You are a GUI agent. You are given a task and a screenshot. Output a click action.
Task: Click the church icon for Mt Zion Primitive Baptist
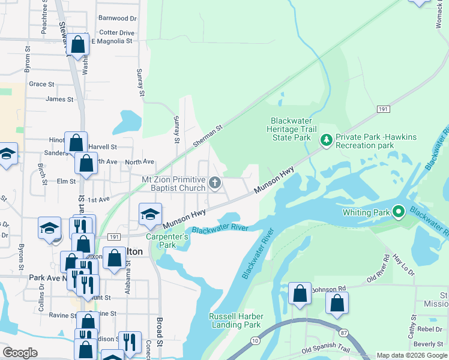click(x=215, y=182)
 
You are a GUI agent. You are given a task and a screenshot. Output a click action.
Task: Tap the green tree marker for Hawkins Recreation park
click(x=327, y=140)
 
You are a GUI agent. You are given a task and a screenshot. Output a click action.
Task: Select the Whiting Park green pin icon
click(x=398, y=211)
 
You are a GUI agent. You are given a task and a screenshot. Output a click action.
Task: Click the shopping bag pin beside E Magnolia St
click(x=77, y=44)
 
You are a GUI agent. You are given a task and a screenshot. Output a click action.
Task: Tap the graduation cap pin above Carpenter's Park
click(x=149, y=214)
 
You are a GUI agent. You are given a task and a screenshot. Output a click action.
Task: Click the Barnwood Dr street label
click(x=118, y=19)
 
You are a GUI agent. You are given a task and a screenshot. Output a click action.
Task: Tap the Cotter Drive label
click(x=116, y=33)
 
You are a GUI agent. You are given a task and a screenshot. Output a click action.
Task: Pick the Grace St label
click(x=41, y=84)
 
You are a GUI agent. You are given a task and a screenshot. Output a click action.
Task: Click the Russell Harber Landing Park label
click(x=235, y=320)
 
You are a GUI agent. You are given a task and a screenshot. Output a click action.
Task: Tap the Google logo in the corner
click(x=20, y=353)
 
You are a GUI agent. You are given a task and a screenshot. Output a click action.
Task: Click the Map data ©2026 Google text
click(x=411, y=355)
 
